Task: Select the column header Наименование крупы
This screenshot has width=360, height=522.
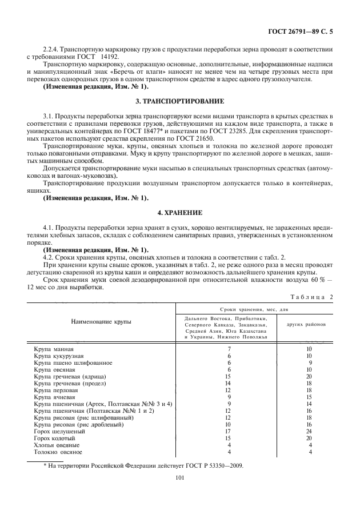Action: (101, 321)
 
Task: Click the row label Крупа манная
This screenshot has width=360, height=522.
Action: (54, 348)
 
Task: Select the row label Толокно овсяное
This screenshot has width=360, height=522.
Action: (57, 452)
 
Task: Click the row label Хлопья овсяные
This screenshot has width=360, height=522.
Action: (57, 444)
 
